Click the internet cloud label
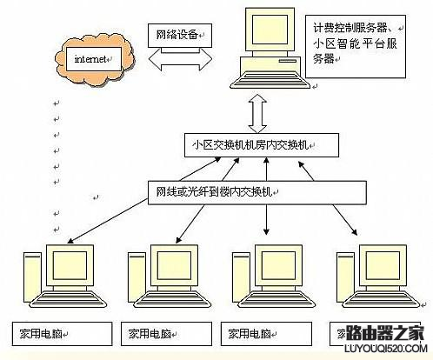click(x=90, y=60)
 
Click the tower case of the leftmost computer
click(x=32, y=278)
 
